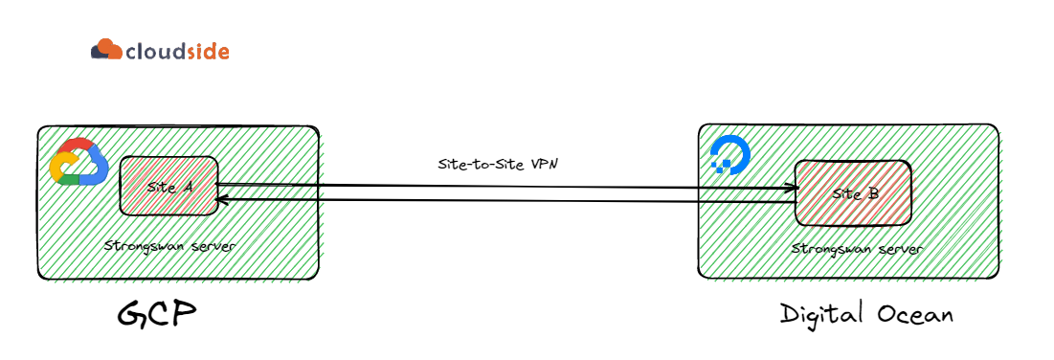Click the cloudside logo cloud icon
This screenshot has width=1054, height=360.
point(106,49)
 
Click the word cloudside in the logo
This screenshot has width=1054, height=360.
point(177,51)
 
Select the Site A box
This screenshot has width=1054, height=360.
point(167,186)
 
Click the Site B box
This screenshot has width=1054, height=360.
point(853,191)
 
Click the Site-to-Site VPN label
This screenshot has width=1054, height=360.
point(497,165)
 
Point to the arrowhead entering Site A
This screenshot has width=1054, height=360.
point(222,199)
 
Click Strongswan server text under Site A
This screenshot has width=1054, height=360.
point(170,246)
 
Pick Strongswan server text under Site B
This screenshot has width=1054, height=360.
point(857,249)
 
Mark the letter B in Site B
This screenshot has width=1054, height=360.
point(873,193)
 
